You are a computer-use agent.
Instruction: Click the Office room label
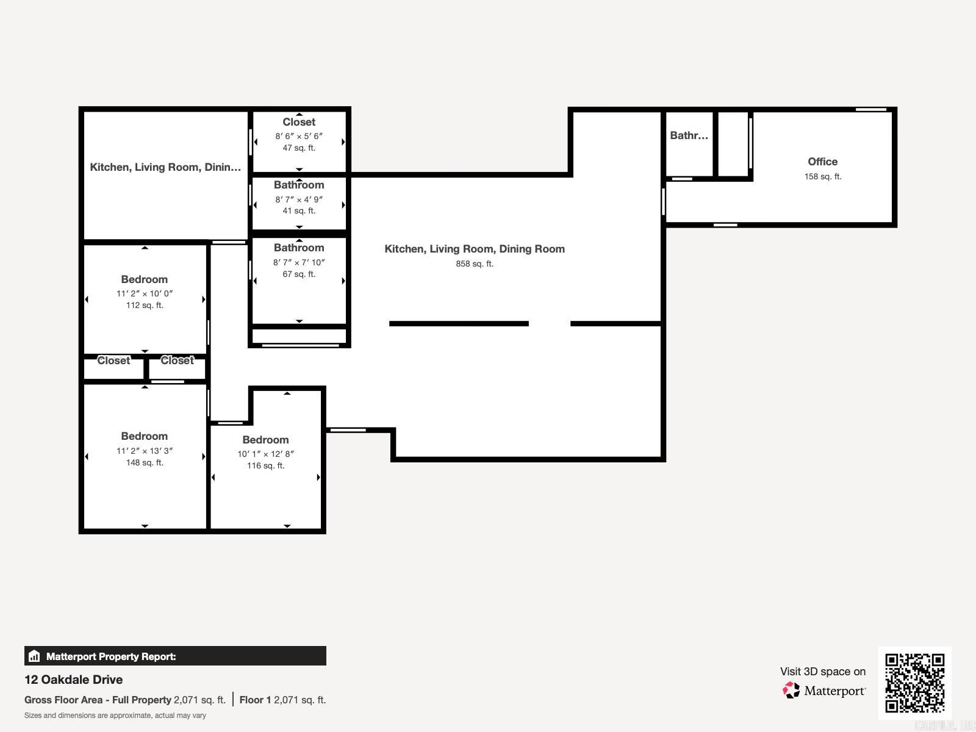click(822, 162)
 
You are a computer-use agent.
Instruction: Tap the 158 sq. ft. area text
click(822, 177)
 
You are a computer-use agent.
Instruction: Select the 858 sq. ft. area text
click(474, 264)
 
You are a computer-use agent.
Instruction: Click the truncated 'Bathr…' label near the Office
click(689, 135)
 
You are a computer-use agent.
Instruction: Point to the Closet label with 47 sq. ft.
click(299, 122)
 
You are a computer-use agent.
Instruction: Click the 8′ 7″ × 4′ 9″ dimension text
click(299, 199)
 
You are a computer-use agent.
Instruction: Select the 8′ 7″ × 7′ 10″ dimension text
click(299, 263)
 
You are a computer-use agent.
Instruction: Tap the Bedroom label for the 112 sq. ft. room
click(144, 279)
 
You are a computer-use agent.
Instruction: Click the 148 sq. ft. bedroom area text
click(145, 463)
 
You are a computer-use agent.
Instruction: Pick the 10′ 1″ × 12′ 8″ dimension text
click(265, 454)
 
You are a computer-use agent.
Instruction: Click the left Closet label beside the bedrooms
click(113, 361)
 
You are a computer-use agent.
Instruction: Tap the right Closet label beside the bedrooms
click(177, 361)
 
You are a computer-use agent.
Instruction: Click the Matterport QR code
click(914, 683)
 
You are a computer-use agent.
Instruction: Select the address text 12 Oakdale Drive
click(73, 680)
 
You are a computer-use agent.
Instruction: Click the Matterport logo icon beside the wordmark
click(791, 691)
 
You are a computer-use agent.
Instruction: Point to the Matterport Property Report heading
click(111, 656)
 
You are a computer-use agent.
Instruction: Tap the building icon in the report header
click(34, 656)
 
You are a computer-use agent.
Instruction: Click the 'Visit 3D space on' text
click(822, 672)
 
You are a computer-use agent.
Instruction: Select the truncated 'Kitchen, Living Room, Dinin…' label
click(165, 167)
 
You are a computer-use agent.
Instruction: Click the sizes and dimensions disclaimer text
click(115, 716)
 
